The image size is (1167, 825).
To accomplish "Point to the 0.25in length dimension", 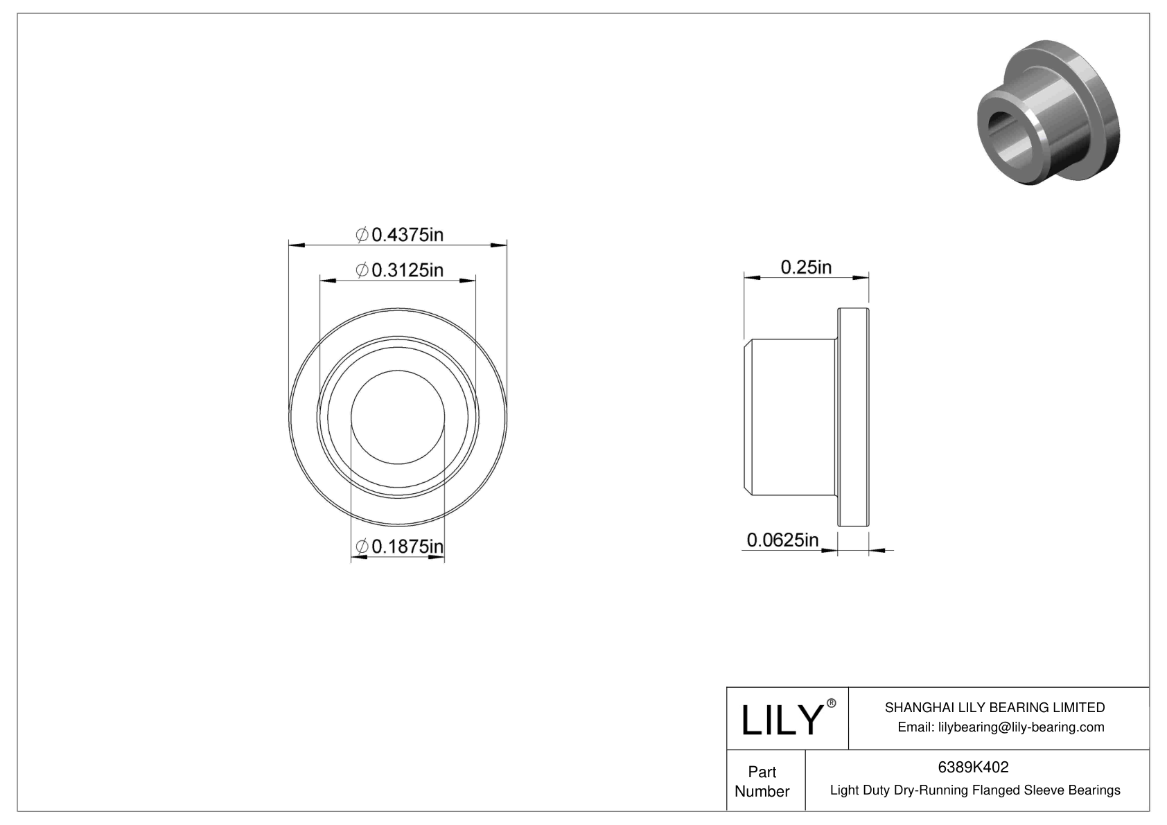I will coord(806,267).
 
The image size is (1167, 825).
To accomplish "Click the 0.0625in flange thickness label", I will coord(782,540).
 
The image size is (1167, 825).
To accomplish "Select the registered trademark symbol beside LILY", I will coord(832,703).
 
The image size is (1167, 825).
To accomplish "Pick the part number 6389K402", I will coord(973,767).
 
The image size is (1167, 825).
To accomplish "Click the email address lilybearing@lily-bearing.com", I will coord(1021,727).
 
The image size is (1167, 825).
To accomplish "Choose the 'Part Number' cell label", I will coord(762,781).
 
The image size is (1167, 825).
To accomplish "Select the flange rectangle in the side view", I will coord(853,417).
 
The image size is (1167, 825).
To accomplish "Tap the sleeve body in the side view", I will coord(793,417).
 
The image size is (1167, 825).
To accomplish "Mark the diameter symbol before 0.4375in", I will coord(362,236).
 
